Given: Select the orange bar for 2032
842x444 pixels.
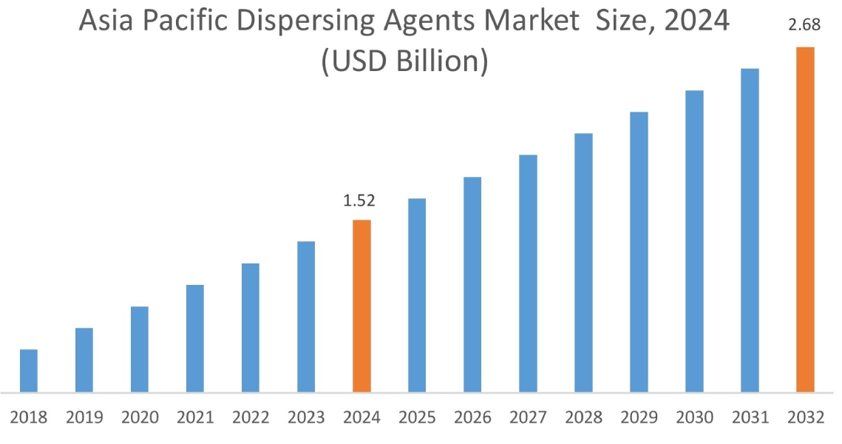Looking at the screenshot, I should [805, 219].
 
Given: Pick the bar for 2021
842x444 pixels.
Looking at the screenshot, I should [195, 338].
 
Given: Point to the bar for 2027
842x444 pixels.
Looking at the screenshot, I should [528, 273].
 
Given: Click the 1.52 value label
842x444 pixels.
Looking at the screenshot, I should [361, 201].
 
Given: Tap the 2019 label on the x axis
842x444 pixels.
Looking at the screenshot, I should [84, 418].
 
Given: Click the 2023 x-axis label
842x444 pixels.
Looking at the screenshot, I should [306, 418].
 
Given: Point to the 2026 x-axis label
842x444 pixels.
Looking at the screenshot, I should [472, 418].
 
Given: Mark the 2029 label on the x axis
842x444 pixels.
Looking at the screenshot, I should [639, 418].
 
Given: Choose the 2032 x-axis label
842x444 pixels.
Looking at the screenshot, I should [805, 418].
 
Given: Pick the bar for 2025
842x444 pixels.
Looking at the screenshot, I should [417, 295].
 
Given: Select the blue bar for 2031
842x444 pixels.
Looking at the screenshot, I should [750, 230].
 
